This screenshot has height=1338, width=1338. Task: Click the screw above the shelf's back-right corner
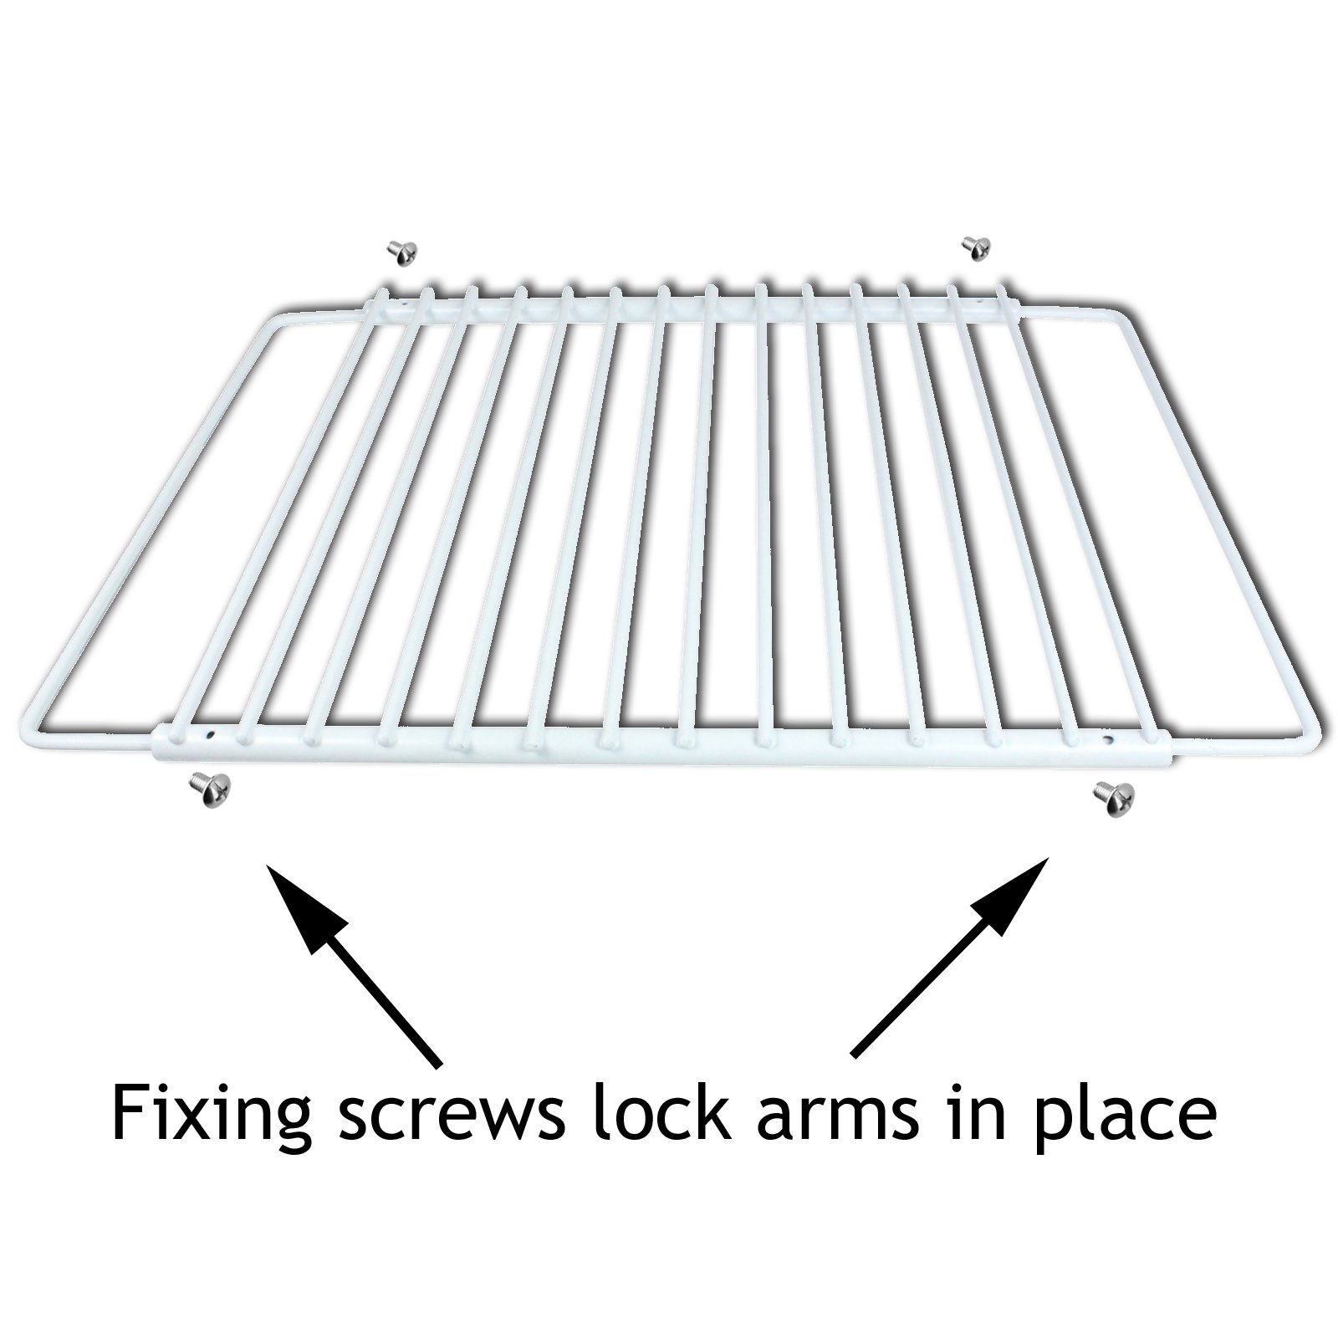(x=976, y=247)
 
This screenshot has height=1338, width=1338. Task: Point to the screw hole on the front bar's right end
(x=1108, y=739)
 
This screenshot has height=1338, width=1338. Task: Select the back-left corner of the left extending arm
(x=276, y=318)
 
